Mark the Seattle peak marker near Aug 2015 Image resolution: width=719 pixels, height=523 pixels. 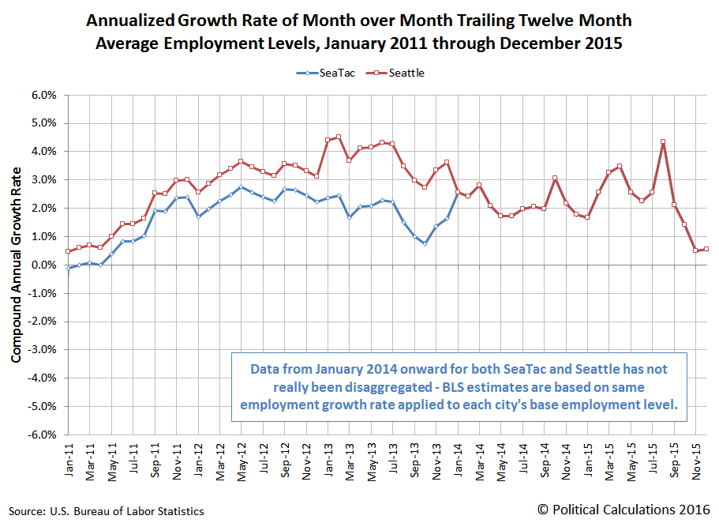[x=663, y=142]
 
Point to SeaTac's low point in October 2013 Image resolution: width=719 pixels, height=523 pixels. [x=425, y=243]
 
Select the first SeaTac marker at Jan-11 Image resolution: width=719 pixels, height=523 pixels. [x=69, y=269]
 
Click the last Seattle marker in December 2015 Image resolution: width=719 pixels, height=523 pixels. [x=706, y=249]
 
